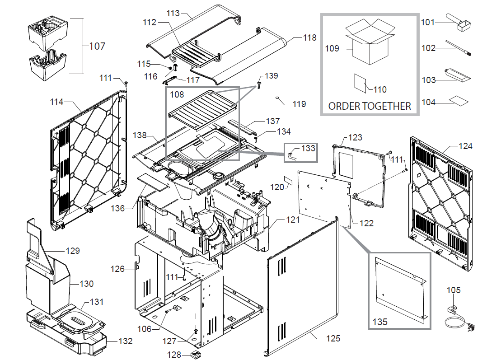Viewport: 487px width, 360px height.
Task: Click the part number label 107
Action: (97, 46)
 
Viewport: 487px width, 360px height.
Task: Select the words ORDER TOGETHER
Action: (370, 106)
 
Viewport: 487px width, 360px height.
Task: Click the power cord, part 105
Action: (456, 318)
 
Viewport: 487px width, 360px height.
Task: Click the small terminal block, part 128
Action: (196, 354)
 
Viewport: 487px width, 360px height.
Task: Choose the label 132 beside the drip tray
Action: (125, 341)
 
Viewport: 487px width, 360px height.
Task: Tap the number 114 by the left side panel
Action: (56, 102)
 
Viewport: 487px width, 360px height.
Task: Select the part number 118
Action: (310, 38)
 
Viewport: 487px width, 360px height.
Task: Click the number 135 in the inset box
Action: (380, 323)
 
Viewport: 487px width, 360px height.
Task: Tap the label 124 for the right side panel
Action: (465, 146)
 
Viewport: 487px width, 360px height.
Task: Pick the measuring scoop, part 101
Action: (457, 21)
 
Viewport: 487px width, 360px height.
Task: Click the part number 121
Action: (293, 220)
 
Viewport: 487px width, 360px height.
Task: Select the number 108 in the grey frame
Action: (177, 95)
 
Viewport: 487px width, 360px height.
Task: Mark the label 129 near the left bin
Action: (73, 251)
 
